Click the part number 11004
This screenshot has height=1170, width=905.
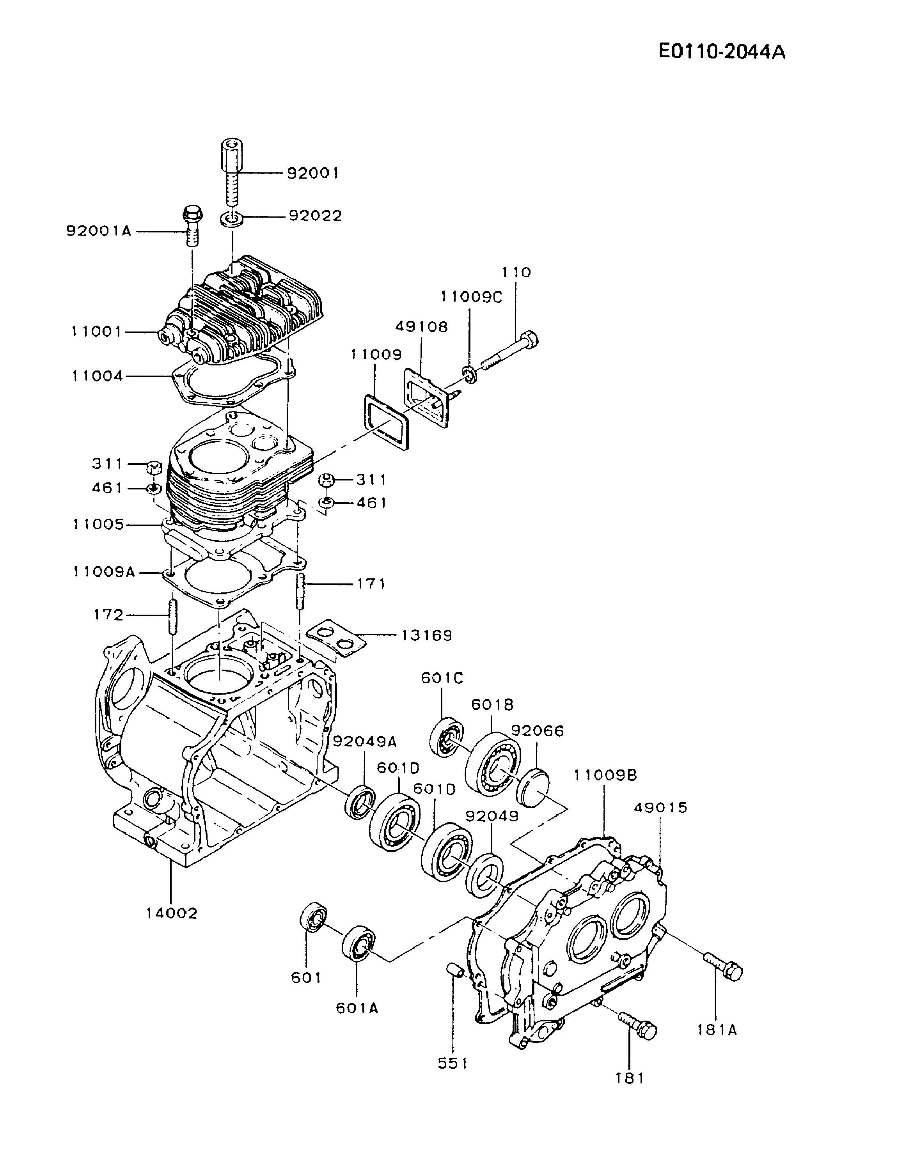click(98, 376)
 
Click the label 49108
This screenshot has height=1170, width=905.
click(422, 326)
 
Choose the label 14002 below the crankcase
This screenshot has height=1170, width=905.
click(172, 913)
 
